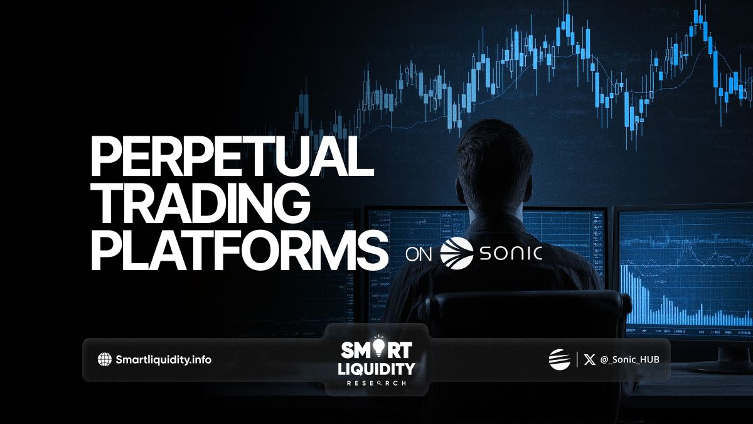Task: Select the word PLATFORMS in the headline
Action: [x=239, y=251]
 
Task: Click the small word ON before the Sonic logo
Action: [x=418, y=254]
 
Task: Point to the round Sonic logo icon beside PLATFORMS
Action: [x=457, y=254]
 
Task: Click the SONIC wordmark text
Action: [x=511, y=253]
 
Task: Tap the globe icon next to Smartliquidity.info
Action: [x=105, y=359]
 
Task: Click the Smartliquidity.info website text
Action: [x=163, y=360]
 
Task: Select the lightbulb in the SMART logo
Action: [x=378, y=347]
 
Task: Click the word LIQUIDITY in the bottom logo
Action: [x=376, y=369]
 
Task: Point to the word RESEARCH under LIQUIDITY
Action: [x=376, y=383]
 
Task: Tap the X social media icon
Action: [x=589, y=360]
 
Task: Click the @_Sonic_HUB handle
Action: [x=629, y=360]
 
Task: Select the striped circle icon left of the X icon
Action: [x=559, y=359]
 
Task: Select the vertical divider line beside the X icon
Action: [x=577, y=359]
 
